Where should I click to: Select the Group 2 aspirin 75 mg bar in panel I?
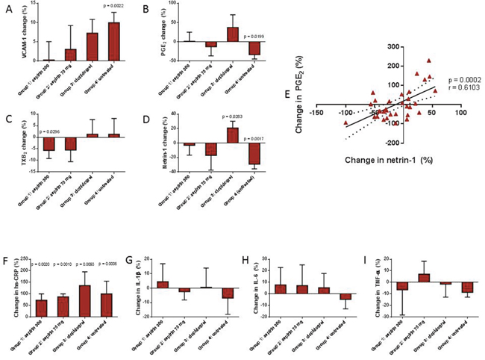(401, 278)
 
